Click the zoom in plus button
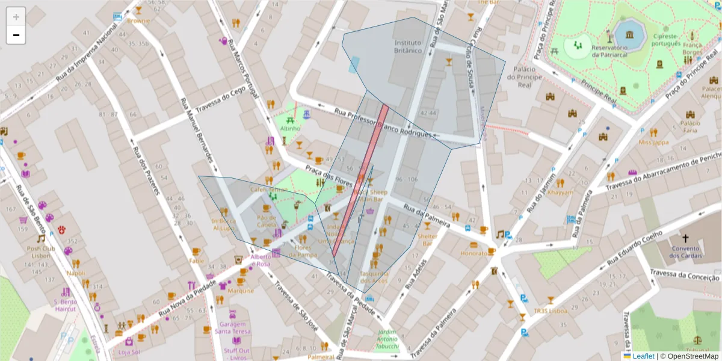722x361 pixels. (16, 17)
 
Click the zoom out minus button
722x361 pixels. (16, 35)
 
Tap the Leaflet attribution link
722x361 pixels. (643, 356)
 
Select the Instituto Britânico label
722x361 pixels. (409, 47)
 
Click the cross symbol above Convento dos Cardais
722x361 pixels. (685, 238)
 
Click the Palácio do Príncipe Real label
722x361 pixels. (525, 77)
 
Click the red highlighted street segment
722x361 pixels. (360, 180)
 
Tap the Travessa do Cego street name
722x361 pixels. (221, 100)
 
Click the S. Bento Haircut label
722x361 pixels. (65, 305)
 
